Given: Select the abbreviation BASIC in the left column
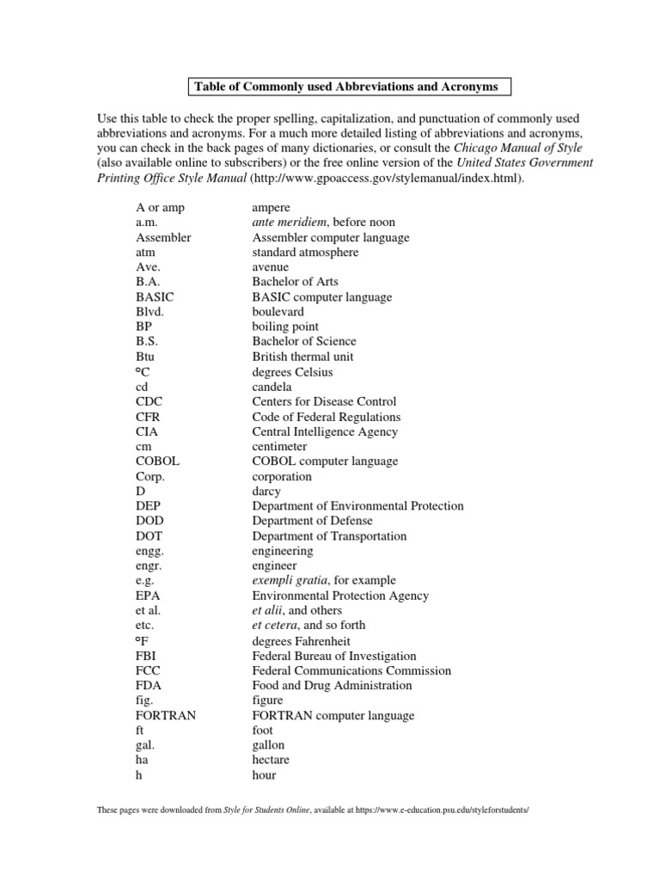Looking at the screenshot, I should tap(155, 296).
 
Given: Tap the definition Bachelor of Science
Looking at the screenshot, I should tap(303, 341).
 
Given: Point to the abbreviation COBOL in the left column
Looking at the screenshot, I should tap(157, 461).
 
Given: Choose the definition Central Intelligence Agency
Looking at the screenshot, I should tap(325, 431).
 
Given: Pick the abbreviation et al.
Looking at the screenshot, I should tap(148, 610).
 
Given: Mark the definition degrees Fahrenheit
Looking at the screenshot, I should tap(301, 641).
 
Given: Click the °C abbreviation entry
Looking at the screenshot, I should tap(144, 371).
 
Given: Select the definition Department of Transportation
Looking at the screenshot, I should tap(329, 535).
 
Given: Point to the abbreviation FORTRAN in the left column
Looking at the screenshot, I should tap(166, 715).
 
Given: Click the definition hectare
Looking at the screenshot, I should tap(271, 760).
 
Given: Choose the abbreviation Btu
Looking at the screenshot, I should tap(145, 356).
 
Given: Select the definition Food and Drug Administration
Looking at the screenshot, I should tap(332, 685).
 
